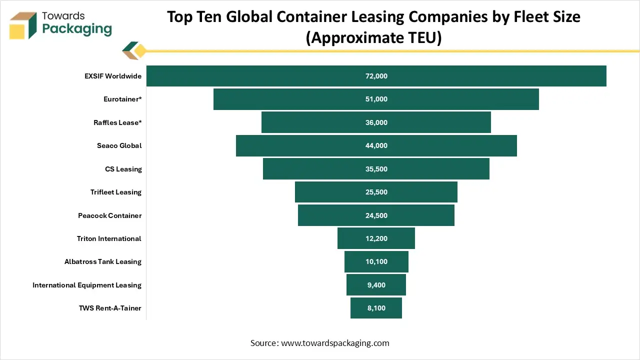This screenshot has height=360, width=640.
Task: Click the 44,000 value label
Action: point(376,145)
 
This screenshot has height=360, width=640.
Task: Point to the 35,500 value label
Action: point(376,169)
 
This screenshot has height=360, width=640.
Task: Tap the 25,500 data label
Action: point(376,192)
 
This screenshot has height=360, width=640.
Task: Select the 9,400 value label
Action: point(376,285)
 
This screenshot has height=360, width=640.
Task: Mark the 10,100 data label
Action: point(376,261)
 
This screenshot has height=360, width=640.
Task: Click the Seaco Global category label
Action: point(119,145)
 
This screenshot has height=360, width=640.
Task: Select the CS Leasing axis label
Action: point(123,169)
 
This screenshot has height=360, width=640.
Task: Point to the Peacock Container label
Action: point(109,215)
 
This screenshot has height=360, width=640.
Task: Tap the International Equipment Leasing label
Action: point(87,285)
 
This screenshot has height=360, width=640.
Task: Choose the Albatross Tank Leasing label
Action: point(102,261)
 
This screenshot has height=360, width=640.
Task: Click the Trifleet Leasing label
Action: point(115,192)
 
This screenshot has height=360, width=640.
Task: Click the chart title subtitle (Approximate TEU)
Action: point(373,37)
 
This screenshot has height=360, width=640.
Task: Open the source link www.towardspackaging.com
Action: point(335,343)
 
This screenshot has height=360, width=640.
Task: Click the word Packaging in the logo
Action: point(77,29)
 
